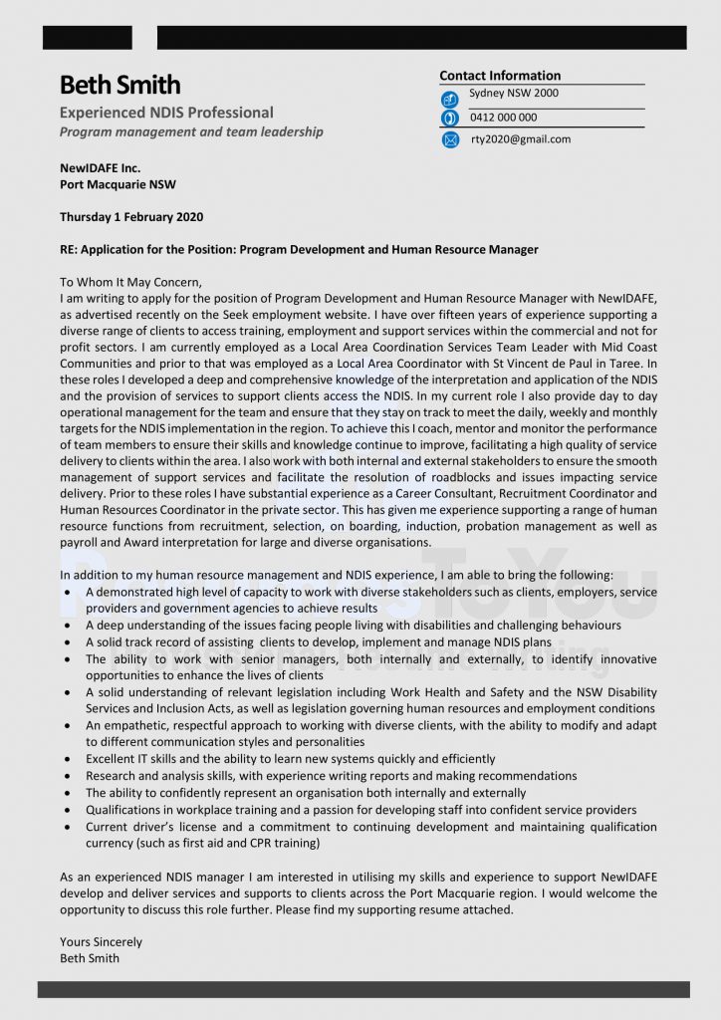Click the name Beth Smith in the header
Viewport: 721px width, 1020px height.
coord(120,85)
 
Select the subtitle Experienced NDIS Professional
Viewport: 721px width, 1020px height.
coord(166,113)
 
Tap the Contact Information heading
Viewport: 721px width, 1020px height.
coord(500,76)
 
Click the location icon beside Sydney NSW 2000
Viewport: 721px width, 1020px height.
coord(449,99)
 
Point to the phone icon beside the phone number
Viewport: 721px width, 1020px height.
coord(449,119)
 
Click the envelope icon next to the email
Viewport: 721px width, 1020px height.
coord(449,139)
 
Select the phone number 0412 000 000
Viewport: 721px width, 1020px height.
coord(503,118)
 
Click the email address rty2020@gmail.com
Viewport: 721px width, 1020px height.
coord(521,139)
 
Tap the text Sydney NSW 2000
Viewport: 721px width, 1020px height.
coord(514,94)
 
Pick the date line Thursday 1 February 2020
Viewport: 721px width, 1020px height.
coord(131,217)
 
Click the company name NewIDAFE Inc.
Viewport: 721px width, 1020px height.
coord(101,168)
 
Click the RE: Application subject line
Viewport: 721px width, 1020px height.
coord(299,250)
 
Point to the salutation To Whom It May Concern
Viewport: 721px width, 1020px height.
coord(130,282)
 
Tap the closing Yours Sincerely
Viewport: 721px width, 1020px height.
coord(101,941)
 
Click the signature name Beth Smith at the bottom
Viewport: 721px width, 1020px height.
coord(90,958)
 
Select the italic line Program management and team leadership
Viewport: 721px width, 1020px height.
coord(191,131)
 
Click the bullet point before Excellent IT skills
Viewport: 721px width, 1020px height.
coord(67,760)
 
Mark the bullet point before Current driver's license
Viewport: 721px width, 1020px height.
coord(67,828)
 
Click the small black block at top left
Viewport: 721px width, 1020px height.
coord(87,38)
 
